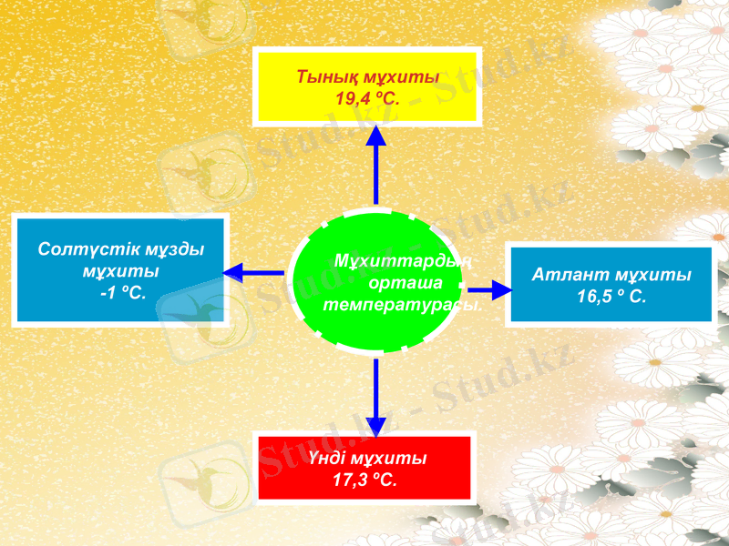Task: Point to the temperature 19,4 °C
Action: click(367, 97)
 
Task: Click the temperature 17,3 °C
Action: click(364, 480)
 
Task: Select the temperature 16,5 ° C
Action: click(611, 296)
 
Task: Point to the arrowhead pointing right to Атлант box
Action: click(501, 290)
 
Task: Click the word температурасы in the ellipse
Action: click(402, 304)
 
